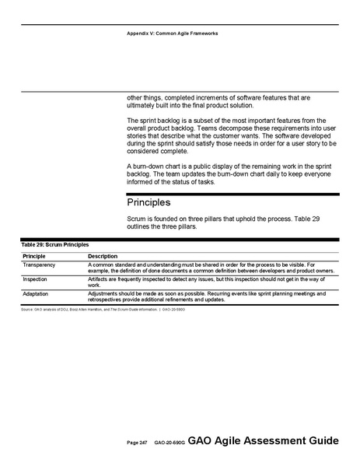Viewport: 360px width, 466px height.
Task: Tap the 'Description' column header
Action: tap(103, 256)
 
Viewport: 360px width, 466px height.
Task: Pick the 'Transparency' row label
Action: tap(41, 265)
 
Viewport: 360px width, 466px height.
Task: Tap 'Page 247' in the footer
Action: tap(137, 443)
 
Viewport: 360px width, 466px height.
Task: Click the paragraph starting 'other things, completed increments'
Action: tap(218, 102)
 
